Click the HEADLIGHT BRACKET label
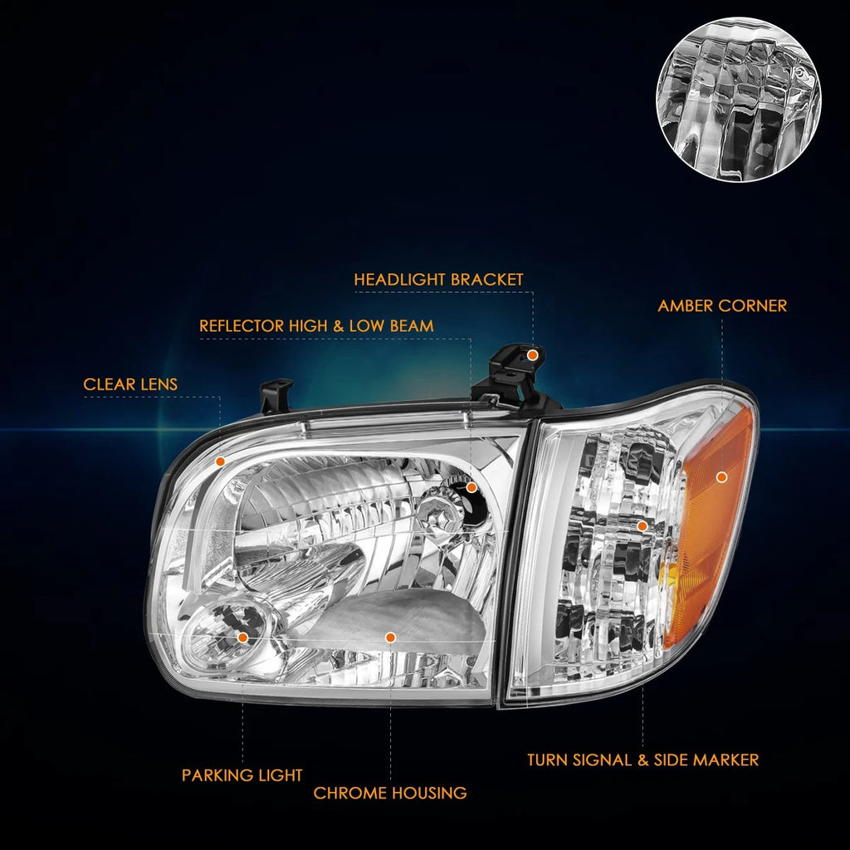pos(438,280)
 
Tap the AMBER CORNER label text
pos(722,305)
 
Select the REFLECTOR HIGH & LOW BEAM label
pos(316,325)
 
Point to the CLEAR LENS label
pos(130,384)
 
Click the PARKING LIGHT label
pos(242,775)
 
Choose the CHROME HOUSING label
pos(390,793)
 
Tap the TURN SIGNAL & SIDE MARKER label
pos(643,760)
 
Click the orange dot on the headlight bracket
pos(533,355)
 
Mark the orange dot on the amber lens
pos(721,477)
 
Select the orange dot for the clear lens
pos(220,462)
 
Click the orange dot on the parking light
pos(243,637)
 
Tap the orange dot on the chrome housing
pos(390,637)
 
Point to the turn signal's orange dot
pos(642,525)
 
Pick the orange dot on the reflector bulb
pos(471,487)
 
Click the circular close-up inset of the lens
pos(739,100)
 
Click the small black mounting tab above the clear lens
pos(276,394)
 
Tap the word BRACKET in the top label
pos(486,280)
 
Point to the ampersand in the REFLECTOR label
pos(339,325)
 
